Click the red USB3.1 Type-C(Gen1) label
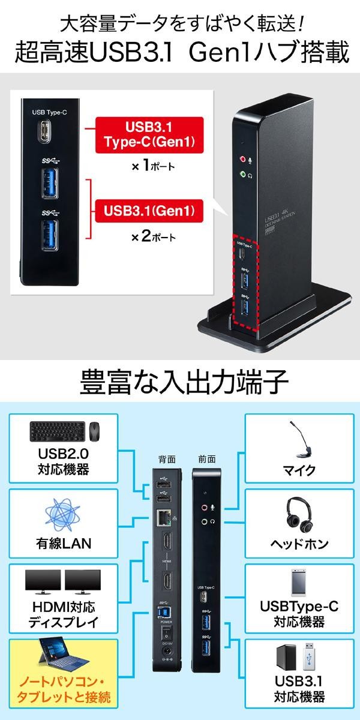pyautogui.click(x=148, y=135)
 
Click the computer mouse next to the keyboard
pyautogui.click(x=95, y=431)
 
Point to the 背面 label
pyautogui.click(x=166, y=460)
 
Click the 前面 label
pyautogui.click(x=206, y=460)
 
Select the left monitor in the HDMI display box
pyautogui.click(x=43, y=580)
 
